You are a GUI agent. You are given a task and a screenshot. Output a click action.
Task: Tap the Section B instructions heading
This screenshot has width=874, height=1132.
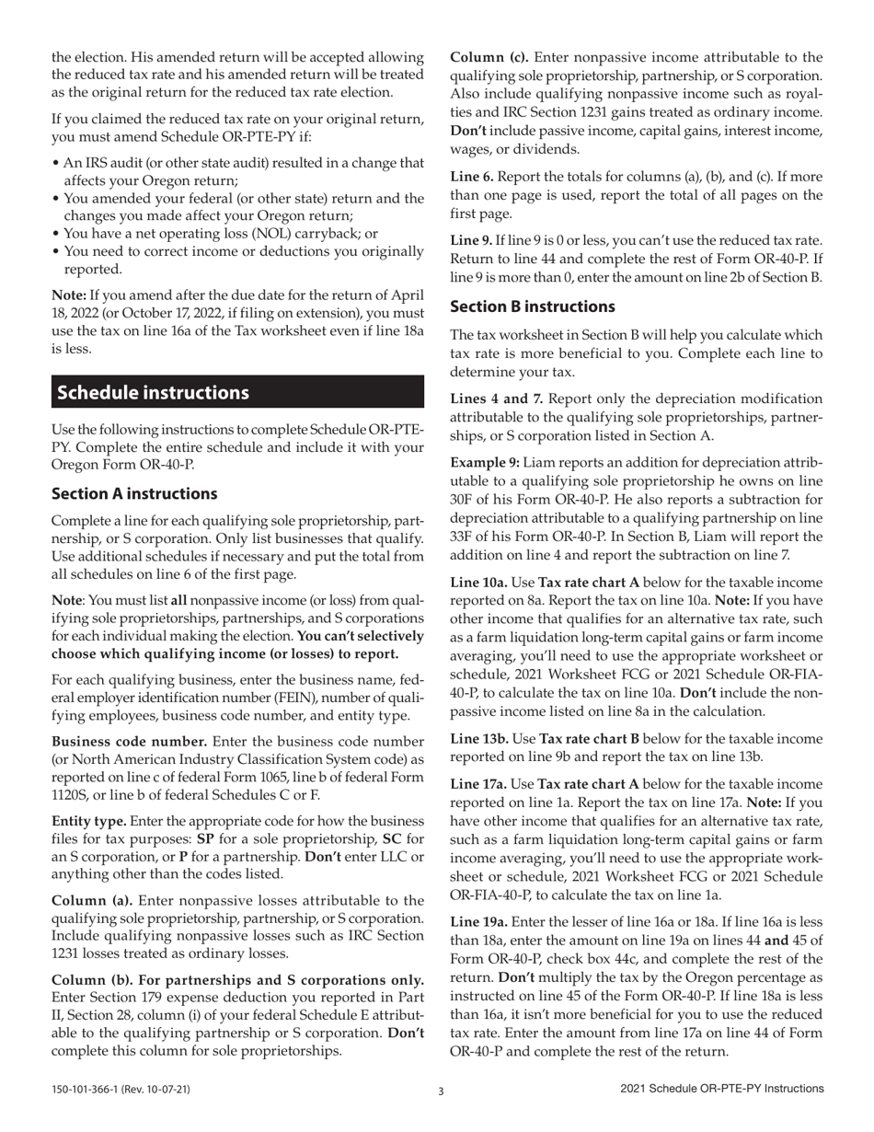click(x=533, y=306)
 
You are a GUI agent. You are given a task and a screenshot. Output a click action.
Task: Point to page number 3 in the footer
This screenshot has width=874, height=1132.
click(x=441, y=1092)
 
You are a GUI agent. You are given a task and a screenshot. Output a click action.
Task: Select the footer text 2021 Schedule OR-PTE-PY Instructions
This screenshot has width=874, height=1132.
click(x=722, y=1090)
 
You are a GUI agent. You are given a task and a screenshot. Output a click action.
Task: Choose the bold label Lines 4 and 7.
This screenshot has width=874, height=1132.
click(x=489, y=399)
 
